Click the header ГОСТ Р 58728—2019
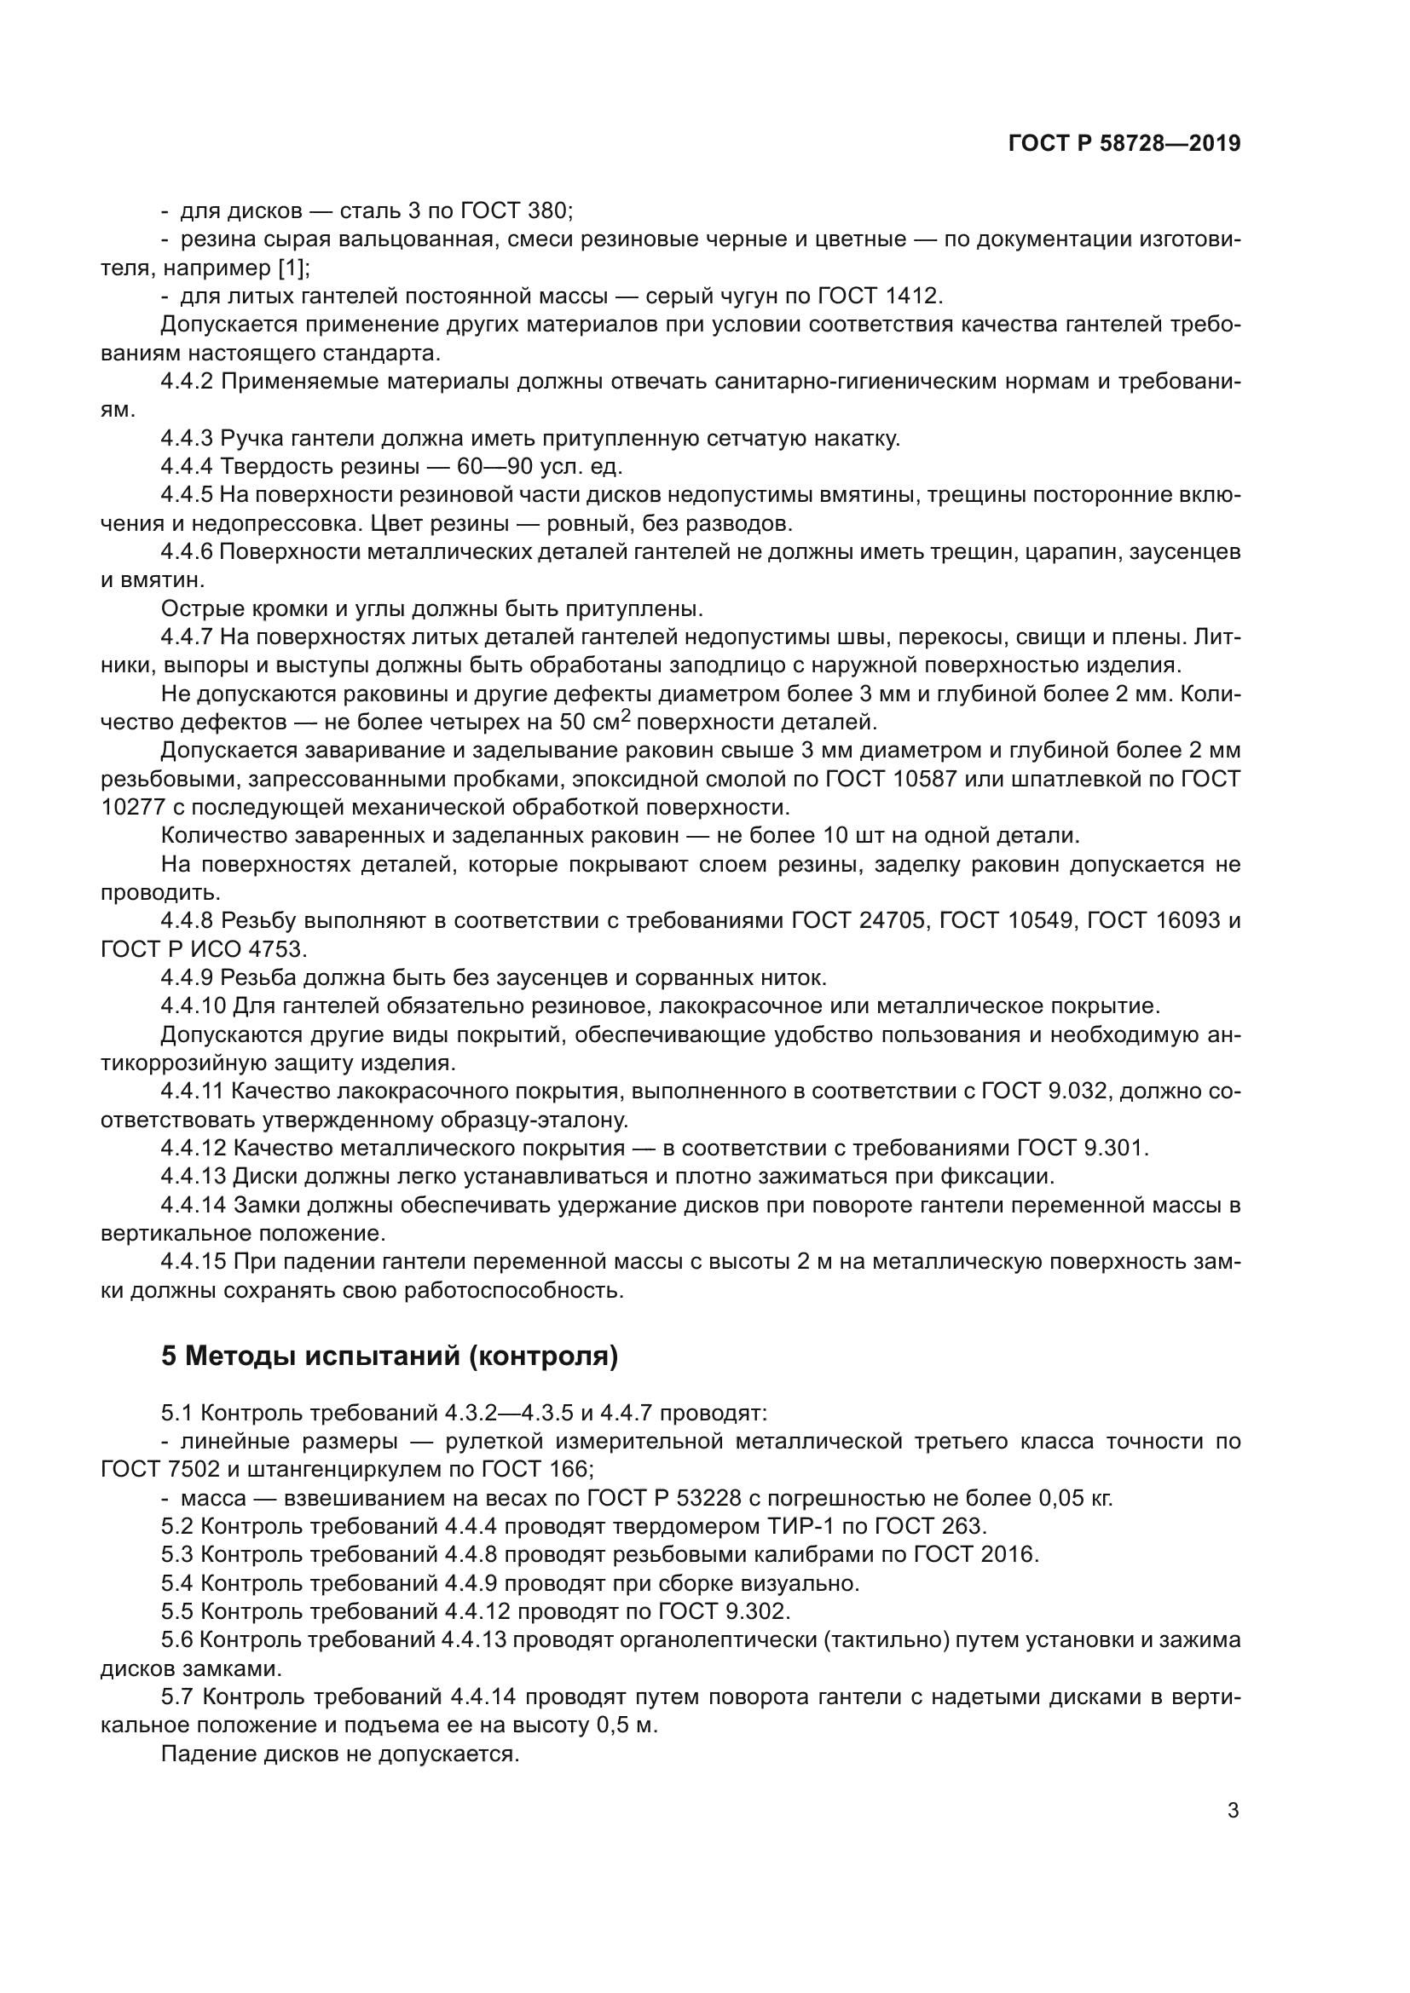(x=1124, y=144)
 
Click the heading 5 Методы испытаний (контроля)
(x=389, y=1355)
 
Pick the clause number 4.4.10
(x=193, y=1006)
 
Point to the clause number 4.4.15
(x=193, y=1261)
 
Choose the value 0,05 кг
(x=1075, y=1497)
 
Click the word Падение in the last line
(x=204, y=1753)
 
